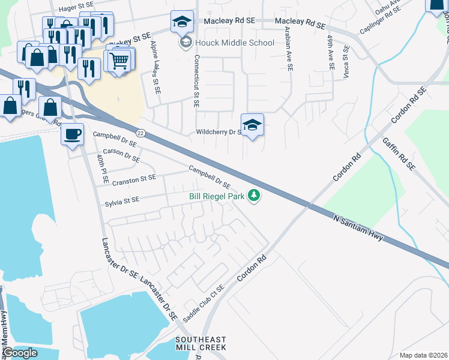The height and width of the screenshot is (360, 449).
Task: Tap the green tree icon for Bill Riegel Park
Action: point(255,196)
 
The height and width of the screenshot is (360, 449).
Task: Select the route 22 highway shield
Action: point(140,132)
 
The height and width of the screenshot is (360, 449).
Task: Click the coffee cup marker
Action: point(72,134)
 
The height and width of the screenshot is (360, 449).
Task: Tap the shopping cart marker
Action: point(119,59)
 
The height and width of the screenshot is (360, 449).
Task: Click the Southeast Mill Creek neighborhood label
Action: point(200,343)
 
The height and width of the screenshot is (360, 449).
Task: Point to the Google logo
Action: point(20,353)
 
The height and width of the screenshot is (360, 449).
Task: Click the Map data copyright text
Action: point(423,355)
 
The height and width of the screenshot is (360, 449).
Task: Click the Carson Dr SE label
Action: point(121,155)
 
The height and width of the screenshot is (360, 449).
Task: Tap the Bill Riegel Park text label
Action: point(217,196)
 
